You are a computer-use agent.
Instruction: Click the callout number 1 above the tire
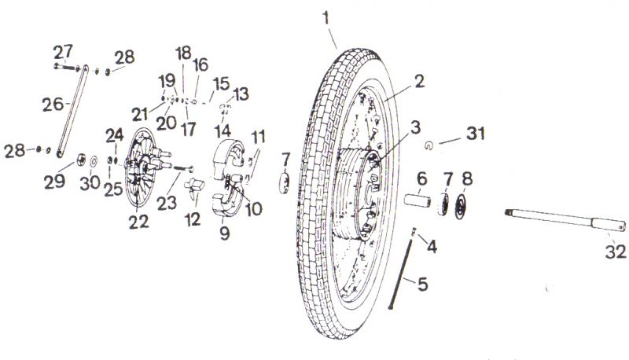tap(326, 18)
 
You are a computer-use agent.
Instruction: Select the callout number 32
tap(616, 252)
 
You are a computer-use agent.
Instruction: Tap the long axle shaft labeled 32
tap(565, 219)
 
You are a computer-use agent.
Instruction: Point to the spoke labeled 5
tap(400, 274)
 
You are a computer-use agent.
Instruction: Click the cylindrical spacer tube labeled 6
tap(417, 200)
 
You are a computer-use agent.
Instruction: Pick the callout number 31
tap(475, 133)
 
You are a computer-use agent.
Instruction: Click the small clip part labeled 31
tap(429, 146)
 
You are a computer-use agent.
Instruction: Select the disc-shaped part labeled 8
tap(461, 207)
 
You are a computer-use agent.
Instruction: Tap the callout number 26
tap(53, 105)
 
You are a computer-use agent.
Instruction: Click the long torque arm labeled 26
tap(72, 111)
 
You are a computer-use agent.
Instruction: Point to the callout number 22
tap(139, 222)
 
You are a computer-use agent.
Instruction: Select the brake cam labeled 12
tap(194, 189)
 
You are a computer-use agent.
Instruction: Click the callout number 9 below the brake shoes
tap(225, 233)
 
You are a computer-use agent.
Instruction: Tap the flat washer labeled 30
tap(94, 162)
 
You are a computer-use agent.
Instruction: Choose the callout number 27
tap(63, 51)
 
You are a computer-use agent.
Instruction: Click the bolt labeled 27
tap(66, 67)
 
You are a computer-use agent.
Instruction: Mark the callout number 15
tap(221, 84)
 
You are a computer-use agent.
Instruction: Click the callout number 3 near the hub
tap(416, 127)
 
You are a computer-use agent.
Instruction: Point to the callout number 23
tap(167, 203)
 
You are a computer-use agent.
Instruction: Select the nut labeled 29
tap(81, 160)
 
